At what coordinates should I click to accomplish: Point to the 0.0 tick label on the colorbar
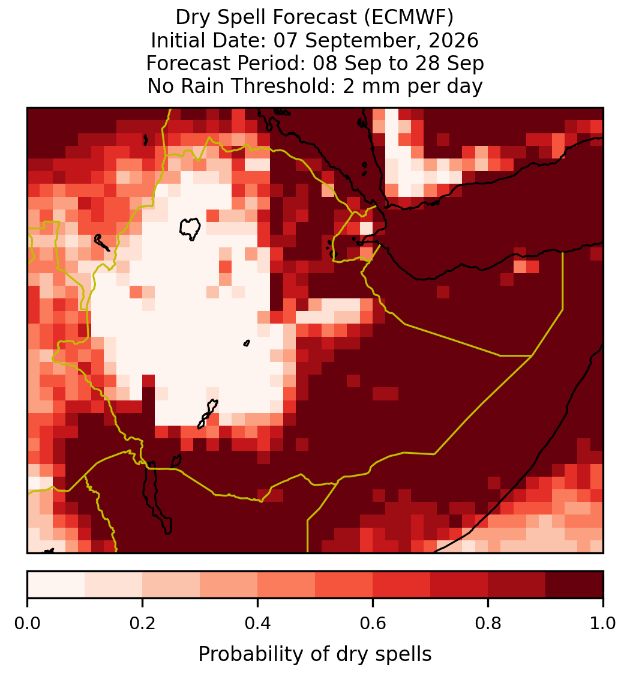(x=27, y=624)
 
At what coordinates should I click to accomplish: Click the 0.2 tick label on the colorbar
(x=142, y=624)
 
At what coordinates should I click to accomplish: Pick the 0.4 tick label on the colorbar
(x=258, y=624)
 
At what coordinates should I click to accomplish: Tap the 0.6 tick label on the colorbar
(x=373, y=624)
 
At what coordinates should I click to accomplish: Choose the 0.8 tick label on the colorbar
(x=488, y=624)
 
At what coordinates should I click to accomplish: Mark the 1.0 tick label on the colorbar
(x=603, y=624)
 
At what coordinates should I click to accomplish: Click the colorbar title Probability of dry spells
(x=315, y=654)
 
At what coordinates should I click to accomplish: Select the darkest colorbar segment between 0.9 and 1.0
(x=574, y=585)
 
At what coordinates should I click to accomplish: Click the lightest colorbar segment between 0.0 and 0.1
(x=56, y=585)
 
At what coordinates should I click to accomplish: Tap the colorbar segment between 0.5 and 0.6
(x=344, y=585)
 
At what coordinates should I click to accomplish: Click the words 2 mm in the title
(x=372, y=86)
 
